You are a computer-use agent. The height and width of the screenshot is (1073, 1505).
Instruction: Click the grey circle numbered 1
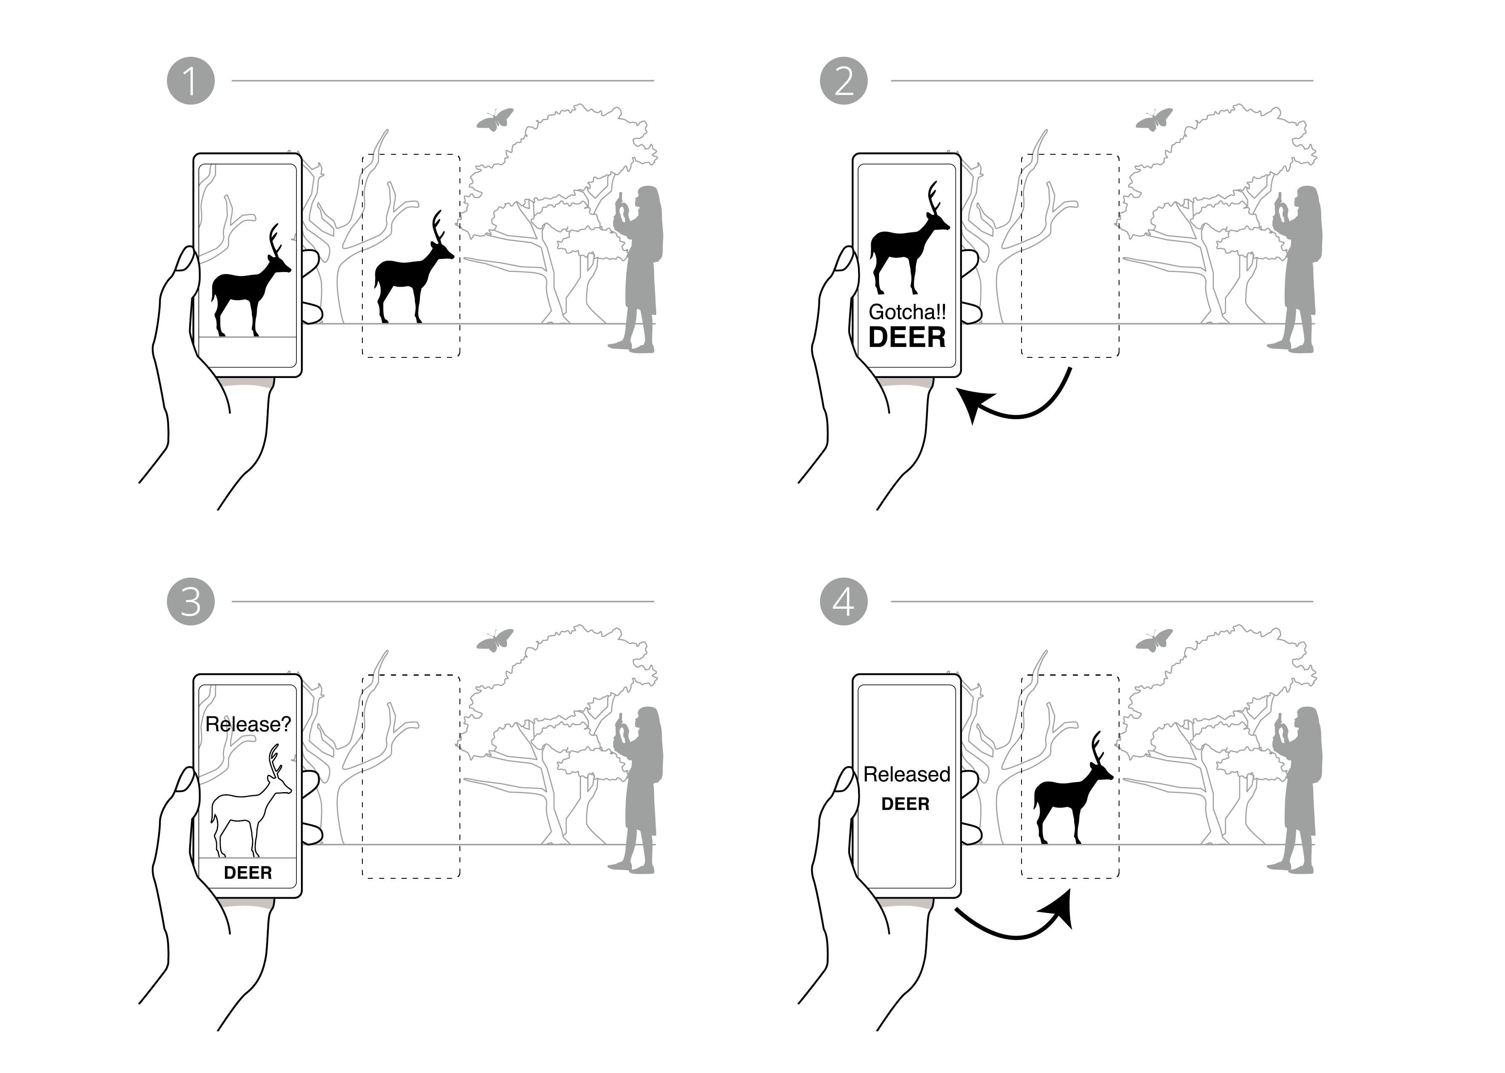190,81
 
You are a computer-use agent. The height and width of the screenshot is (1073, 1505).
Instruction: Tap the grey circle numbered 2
844,81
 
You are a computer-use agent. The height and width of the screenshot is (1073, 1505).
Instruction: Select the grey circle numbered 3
190,602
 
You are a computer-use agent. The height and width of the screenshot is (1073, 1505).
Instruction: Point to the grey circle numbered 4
844,602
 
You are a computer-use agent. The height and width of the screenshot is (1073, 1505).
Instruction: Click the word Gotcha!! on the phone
906,312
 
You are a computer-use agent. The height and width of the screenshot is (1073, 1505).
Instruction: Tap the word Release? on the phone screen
248,724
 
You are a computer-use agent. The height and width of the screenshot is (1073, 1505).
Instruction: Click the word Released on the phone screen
906,774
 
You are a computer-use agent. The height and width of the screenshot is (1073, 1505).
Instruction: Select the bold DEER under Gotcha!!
906,338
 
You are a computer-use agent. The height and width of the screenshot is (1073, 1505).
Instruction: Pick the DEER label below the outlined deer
248,873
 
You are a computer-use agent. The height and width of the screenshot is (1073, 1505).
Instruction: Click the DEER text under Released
905,804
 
